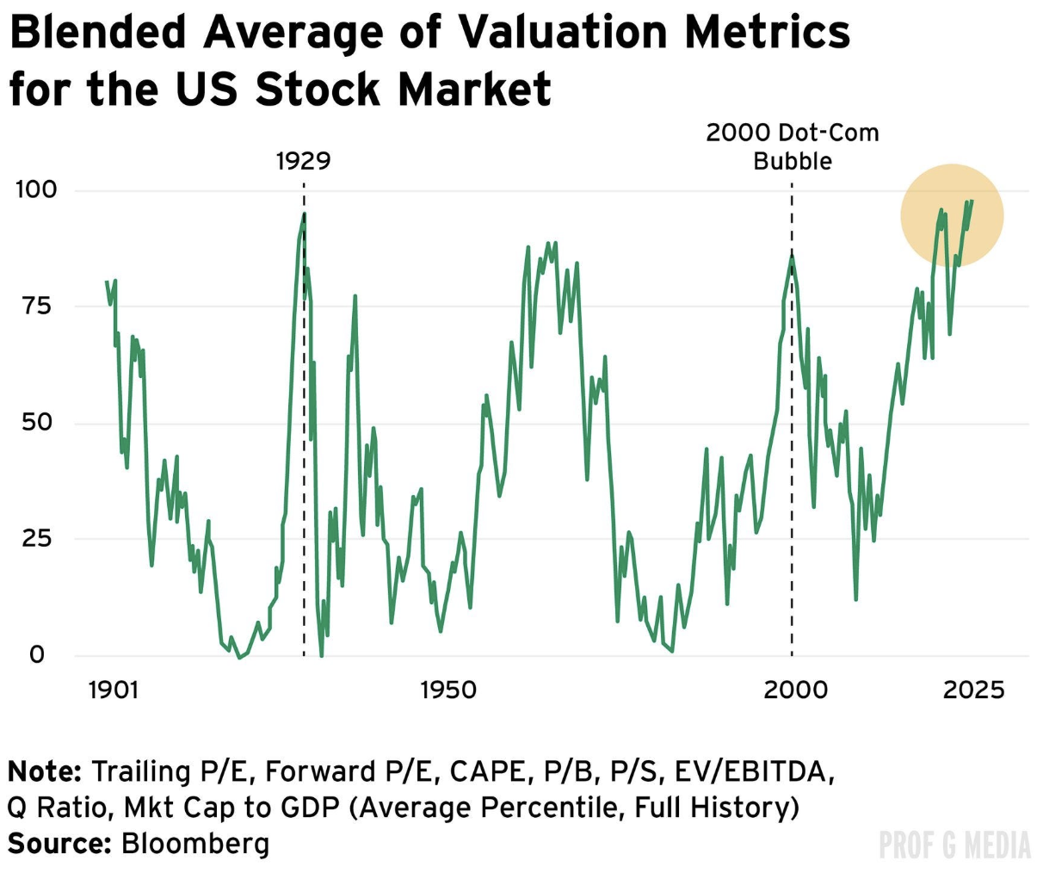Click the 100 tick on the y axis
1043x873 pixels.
(x=36, y=189)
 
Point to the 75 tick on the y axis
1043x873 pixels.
(x=36, y=306)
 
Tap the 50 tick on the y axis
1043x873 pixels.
(x=36, y=422)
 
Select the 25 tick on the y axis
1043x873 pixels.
(x=36, y=538)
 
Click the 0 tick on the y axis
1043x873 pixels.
(x=36, y=654)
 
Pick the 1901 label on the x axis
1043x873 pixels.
(x=114, y=690)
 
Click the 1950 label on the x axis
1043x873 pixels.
(x=448, y=690)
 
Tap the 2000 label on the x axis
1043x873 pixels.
(x=796, y=690)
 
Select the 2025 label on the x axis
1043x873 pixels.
(x=973, y=690)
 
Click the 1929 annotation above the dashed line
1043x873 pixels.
(x=303, y=161)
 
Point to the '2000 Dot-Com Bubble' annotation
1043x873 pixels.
(x=793, y=147)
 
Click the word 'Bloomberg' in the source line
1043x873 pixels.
(x=195, y=843)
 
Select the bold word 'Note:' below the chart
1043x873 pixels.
(x=45, y=771)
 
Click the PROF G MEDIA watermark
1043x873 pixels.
(x=954, y=845)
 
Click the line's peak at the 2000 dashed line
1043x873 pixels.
(x=792, y=253)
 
